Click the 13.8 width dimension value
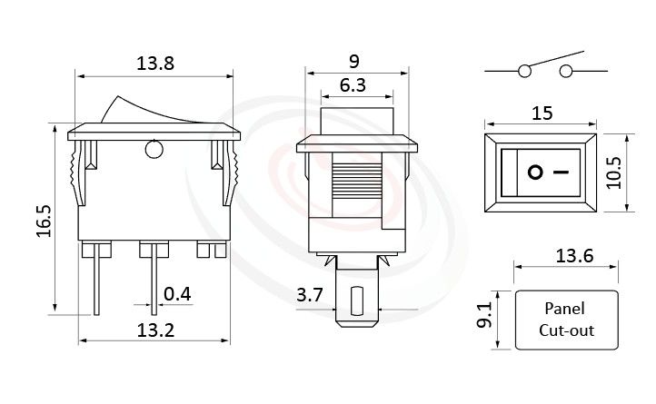coord(154,64)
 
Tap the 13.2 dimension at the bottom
coord(154,330)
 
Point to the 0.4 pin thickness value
coord(178,293)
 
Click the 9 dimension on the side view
coord(354,61)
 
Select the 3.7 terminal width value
coord(310,296)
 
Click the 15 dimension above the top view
coord(541,113)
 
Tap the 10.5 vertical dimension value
coord(615,171)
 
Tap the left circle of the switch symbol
coord(525,72)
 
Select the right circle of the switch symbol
coord(568,72)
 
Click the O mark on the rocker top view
coord(535,171)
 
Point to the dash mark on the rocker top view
coord(562,171)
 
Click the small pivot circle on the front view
coord(153,147)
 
